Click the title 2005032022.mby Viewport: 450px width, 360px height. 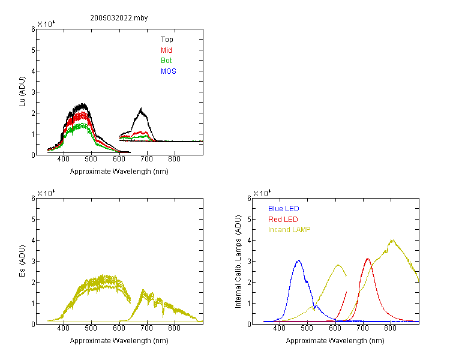pyautogui.click(x=119, y=18)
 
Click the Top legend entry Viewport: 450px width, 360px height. pyautogui.click(x=167, y=40)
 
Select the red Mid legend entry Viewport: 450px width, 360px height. pyautogui.click(x=166, y=50)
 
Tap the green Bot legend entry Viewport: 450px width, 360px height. pyautogui.click(x=166, y=61)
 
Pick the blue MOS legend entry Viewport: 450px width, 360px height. pyautogui.click(x=168, y=71)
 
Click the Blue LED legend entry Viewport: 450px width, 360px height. pyautogui.click(x=284, y=209)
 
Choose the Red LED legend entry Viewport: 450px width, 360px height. pyautogui.click(x=283, y=220)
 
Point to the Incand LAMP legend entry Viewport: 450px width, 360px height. pyautogui.click(x=289, y=230)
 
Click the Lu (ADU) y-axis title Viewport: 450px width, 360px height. pyautogui.click(x=22, y=92)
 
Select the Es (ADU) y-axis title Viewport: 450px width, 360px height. pyautogui.click(x=22, y=261)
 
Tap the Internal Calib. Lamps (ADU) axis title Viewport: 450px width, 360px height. pyautogui.click(x=238, y=262)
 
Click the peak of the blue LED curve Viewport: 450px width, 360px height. pyautogui.click(x=299, y=260)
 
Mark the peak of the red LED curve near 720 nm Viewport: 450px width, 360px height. pyautogui.click(x=368, y=259)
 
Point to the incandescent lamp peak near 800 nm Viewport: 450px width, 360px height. pyautogui.click(x=392, y=240)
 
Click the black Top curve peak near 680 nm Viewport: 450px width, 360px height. pyautogui.click(x=141, y=109)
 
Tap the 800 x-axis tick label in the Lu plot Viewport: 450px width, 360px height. pyautogui.click(x=174, y=159)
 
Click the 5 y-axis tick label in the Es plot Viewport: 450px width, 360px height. pyautogui.click(x=33, y=220)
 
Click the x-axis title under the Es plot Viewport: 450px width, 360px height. pyautogui.click(x=119, y=341)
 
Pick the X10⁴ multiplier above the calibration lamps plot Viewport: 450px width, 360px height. pyautogui.click(x=262, y=193)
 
